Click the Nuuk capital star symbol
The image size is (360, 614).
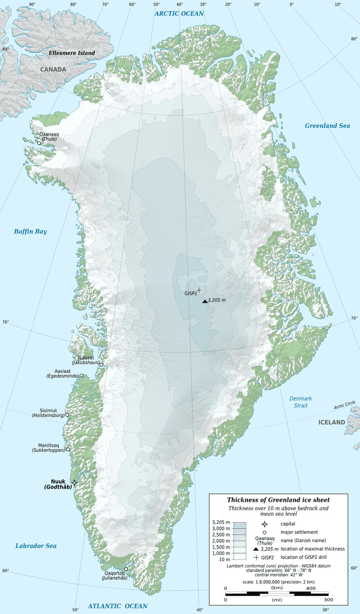(74, 483)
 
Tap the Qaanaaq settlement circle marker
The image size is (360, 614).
(39, 143)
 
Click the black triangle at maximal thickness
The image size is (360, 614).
(204, 301)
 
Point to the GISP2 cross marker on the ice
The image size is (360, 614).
(199, 290)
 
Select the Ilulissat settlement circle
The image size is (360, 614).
(101, 365)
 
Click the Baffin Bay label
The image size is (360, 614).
(30, 231)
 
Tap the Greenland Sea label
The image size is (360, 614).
(327, 126)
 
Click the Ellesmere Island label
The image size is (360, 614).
(72, 53)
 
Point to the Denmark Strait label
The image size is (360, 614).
(300, 402)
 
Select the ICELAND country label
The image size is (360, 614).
(331, 422)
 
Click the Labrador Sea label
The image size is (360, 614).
(36, 546)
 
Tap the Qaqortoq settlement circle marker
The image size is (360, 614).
(126, 569)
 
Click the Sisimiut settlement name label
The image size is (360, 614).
(48, 411)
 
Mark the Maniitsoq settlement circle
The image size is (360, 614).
(68, 449)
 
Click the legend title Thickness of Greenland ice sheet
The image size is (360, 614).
(278, 500)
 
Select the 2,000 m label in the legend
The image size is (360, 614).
(221, 541)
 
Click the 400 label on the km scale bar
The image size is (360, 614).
(310, 588)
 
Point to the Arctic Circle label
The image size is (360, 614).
(344, 405)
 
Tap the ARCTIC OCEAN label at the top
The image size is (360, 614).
(179, 14)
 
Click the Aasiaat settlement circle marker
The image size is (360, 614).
(81, 375)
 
